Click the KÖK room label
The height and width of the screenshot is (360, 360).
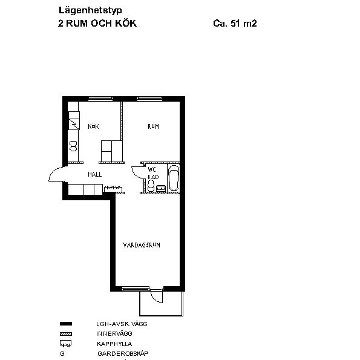pos(93,126)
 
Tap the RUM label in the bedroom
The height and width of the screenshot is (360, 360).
pos(154,126)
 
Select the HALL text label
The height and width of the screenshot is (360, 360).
pos(94,174)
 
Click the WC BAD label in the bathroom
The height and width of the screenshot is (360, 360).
pos(152,173)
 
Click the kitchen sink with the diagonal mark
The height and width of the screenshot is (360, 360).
pos(74,123)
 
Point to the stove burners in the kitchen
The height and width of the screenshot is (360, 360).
pos(73,145)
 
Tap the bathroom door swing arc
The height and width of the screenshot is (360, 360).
pos(136,171)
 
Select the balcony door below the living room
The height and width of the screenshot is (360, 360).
pos(156,296)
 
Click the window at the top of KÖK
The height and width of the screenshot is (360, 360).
pos(97,99)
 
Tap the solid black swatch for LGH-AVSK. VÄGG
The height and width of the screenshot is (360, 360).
pos(66,324)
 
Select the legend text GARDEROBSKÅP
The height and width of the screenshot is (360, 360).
pos(123,353)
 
